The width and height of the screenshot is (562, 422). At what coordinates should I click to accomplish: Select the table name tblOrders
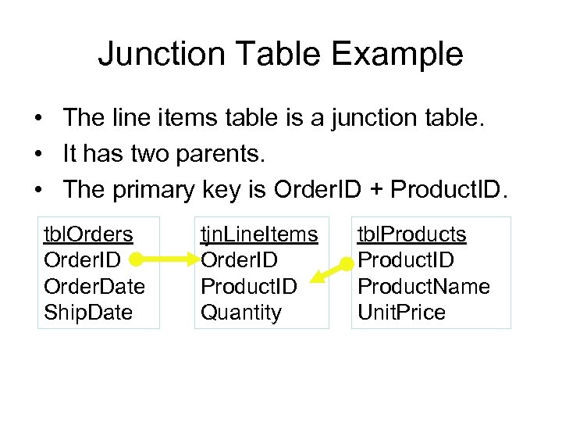pyautogui.click(x=88, y=234)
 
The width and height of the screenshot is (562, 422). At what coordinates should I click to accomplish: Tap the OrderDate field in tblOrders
pyautogui.click(x=94, y=286)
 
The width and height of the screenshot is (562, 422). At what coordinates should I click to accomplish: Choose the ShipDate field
pyautogui.click(x=88, y=313)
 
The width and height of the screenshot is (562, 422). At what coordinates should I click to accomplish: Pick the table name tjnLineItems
pyautogui.click(x=259, y=234)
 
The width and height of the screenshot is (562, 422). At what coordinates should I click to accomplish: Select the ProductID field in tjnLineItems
pyautogui.click(x=249, y=286)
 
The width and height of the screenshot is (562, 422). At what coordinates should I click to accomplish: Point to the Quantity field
pyautogui.click(x=241, y=313)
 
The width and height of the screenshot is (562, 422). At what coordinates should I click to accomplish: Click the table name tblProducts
pyautogui.click(x=411, y=234)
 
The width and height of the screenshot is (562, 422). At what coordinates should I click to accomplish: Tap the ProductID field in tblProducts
pyautogui.click(x=406, y=259)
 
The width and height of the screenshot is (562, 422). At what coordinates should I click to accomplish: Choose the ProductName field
pyautogui.click(x=423, y=286)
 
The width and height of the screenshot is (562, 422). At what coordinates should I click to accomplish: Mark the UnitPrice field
pyautogui.click(x=401, y=313)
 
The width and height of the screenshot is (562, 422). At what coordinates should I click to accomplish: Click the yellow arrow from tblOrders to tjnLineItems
pyautogui.click(x=168, y=258)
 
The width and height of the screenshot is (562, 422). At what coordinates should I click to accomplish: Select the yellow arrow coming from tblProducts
pyautogui.click(x=328, y=270)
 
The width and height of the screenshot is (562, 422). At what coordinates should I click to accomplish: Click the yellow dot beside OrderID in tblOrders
pyautogui.click(x=135, y=259)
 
